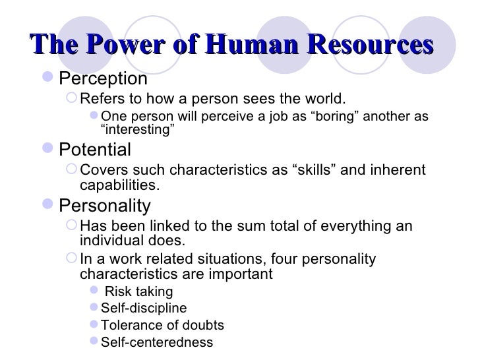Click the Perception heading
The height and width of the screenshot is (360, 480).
pos(104,79)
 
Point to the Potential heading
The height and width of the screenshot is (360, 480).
pos(95,149)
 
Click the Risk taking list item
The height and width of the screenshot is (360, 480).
pos(139,292)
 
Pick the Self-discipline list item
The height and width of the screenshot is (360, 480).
pos(143,309)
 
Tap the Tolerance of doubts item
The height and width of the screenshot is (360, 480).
pos(162,326)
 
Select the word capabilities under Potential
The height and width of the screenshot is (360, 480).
pos(119,185)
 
